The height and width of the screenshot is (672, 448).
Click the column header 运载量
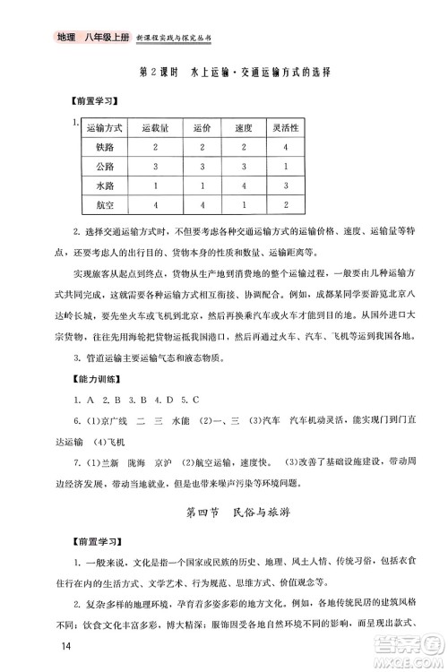(x=155, y=128)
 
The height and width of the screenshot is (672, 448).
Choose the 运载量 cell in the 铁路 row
(x=155, y=147)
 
